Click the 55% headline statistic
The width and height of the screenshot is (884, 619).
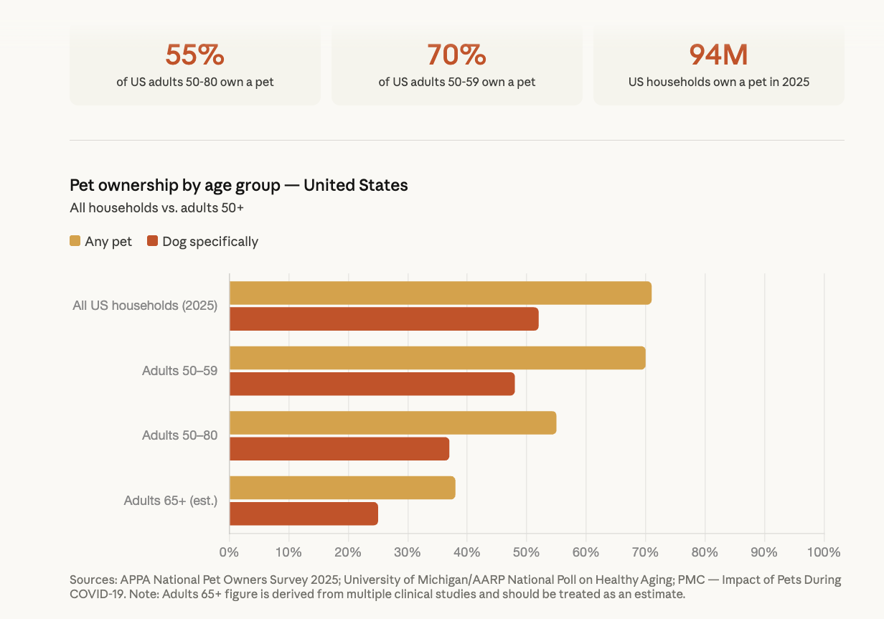[194, 55]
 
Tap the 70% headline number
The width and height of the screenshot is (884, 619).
[456, 55]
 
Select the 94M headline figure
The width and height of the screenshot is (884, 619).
[718, 55]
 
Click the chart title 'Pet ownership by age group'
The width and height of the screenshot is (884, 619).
[238, 185]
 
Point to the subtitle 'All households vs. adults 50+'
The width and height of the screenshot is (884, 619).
[156, 208]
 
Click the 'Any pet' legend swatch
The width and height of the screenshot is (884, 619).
[75, 241]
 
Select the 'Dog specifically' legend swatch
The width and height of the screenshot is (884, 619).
[152, 241]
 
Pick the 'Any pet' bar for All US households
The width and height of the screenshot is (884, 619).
[440, 293]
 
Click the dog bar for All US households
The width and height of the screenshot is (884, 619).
[384, 319]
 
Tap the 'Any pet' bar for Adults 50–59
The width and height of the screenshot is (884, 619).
[437, 358]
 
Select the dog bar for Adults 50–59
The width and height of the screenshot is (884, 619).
[372, 384]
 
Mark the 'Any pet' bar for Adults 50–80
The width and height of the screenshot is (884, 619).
[392, 423]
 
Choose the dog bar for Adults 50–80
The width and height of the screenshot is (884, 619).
[339, 449]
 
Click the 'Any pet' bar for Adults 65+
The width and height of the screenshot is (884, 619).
[342, 488]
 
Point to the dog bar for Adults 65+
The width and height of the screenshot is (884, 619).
[304, 514]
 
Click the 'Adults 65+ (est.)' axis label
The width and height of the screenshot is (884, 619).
[170, 501]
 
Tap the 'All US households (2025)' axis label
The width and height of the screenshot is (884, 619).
[145, 306]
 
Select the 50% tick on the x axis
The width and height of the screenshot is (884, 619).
[526, 552]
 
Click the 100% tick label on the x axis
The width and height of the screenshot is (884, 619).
[823, 552]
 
